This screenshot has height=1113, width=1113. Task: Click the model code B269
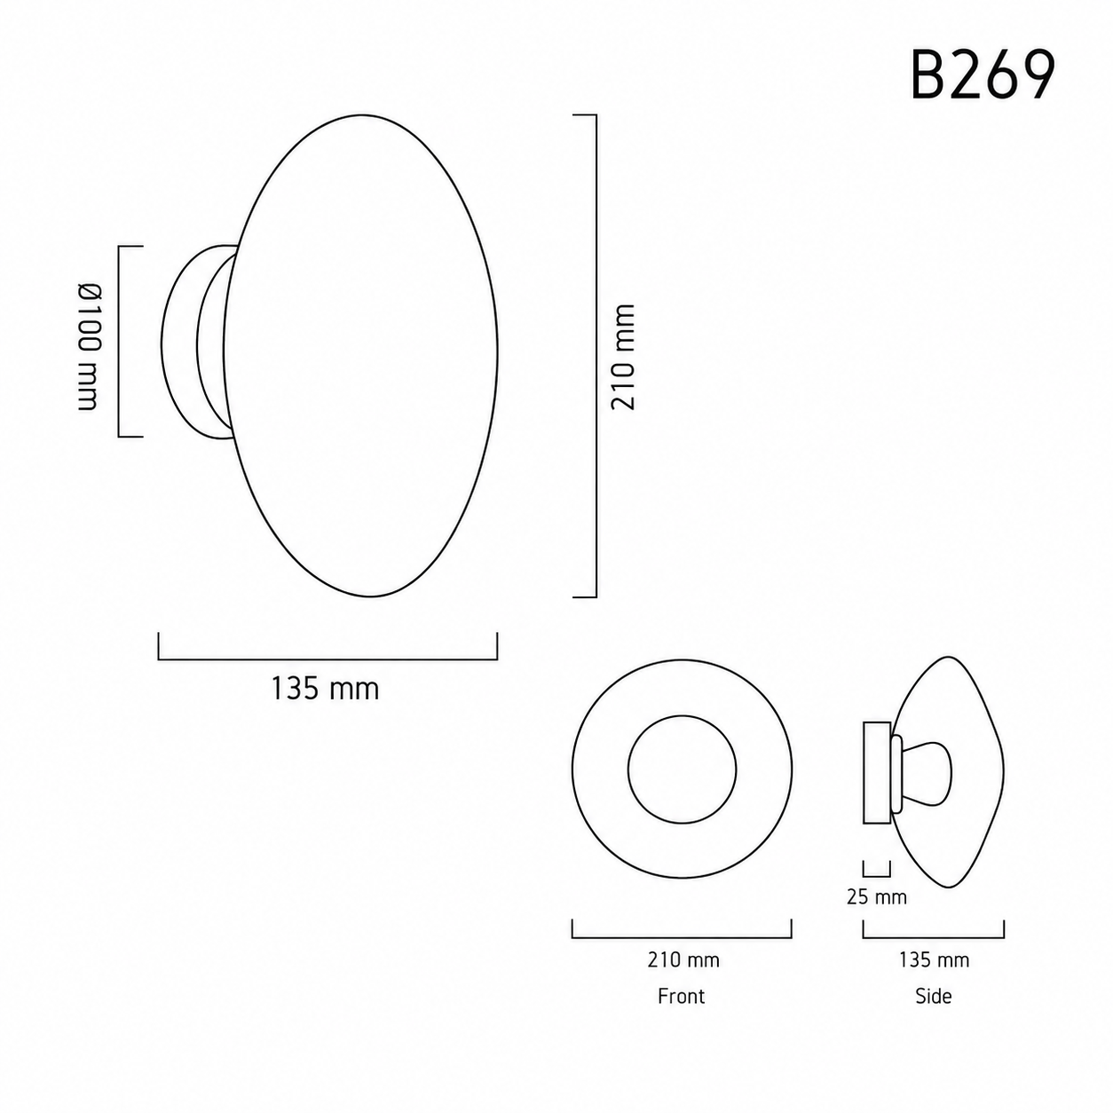(x=983, y=75)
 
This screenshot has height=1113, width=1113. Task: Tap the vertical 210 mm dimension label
(x=623, y=357)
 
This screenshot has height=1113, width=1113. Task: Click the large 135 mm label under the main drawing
(x=325, y=689)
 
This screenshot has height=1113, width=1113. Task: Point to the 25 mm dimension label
(x=877, y=896)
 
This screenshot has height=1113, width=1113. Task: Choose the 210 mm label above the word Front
(x=683, y=960)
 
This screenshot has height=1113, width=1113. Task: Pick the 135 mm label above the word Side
(x=934, y=960)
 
